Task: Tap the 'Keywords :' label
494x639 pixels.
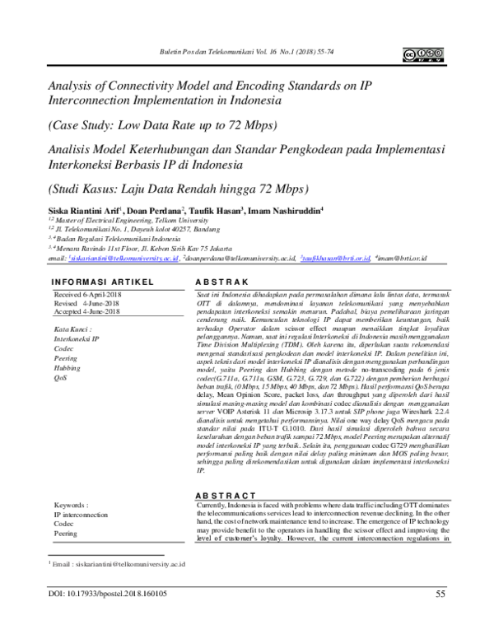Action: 71,503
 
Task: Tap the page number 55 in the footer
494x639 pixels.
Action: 440,615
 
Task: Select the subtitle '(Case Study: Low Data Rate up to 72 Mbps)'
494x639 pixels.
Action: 163,124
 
